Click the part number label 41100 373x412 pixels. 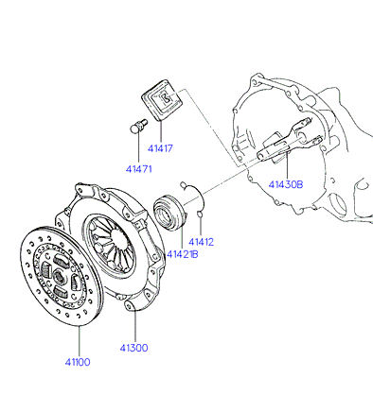coord(78,362)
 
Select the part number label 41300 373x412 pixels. coord(133,348)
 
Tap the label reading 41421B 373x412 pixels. coord(183,254)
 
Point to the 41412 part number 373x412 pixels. coord(201,242)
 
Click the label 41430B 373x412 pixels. coord(286,184)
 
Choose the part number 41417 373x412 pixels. coord(160,148)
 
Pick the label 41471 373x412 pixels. coord(139,169)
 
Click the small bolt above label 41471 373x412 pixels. coord(138,126)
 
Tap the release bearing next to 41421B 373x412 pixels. coord(169,213)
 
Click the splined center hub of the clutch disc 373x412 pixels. coord(59,277)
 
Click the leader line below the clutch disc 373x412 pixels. coord(80,341)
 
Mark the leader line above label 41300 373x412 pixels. coord(135,326)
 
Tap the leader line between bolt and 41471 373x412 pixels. coord(138,148)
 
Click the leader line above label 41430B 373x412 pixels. coord(288,165)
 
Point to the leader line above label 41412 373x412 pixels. coord(201,227)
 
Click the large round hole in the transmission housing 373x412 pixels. coord(337,204)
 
